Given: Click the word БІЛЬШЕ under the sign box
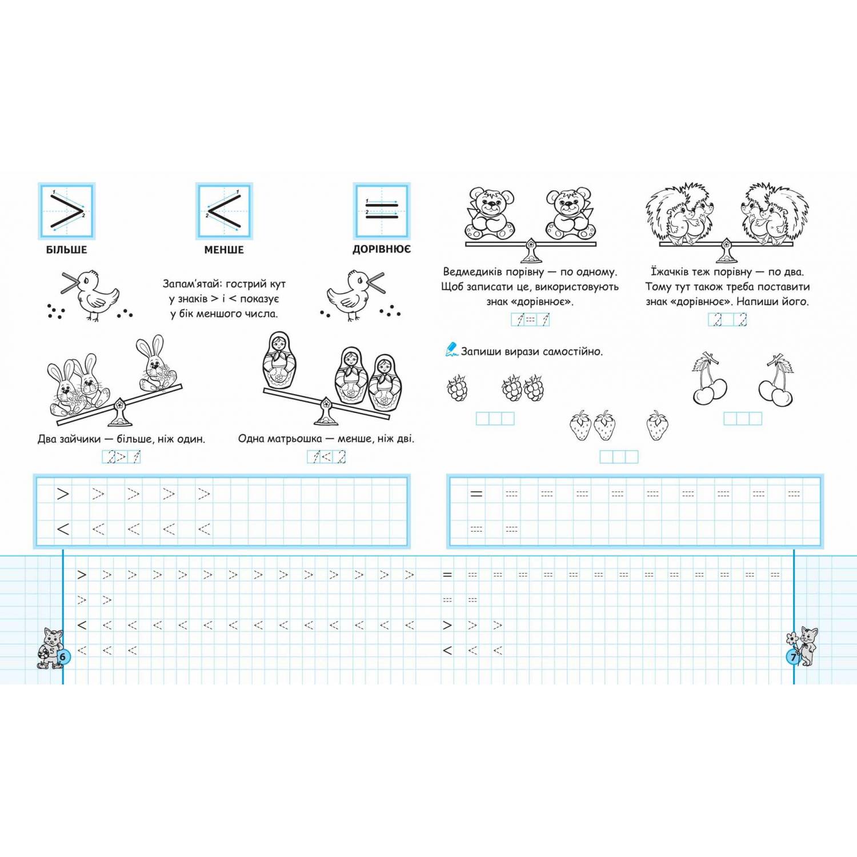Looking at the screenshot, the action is [x=67, y=250].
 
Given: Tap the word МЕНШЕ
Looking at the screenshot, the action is [x=224, y=250].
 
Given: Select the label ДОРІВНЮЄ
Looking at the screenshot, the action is [x=381, y=250].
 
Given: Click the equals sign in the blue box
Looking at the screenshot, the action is [x=382, y=210].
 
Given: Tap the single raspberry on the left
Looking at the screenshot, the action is [x=457, y=388].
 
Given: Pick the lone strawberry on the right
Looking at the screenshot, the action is [x=657, y=426].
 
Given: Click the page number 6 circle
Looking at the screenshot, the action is [x=62, y=656].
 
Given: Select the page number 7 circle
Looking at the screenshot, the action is [x=794, y=658].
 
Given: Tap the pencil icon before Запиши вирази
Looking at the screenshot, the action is [x=451, y=349].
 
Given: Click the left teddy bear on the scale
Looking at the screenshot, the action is [x=491, y=214].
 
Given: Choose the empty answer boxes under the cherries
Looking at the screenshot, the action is [x=743, y=419].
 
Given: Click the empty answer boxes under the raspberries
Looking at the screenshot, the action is [x=495, y=419].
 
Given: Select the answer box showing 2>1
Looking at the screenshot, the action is [x=121, y=457].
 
